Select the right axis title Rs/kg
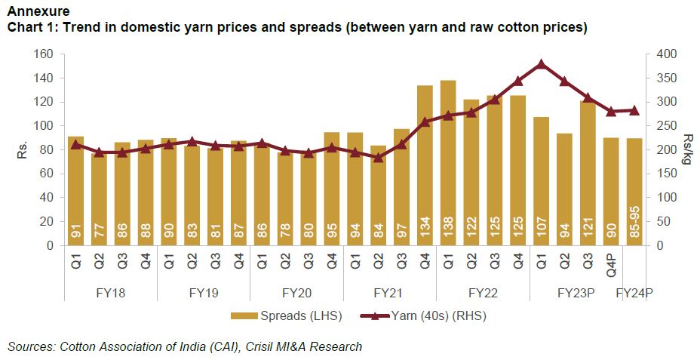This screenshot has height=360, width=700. (x=687, y=150)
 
